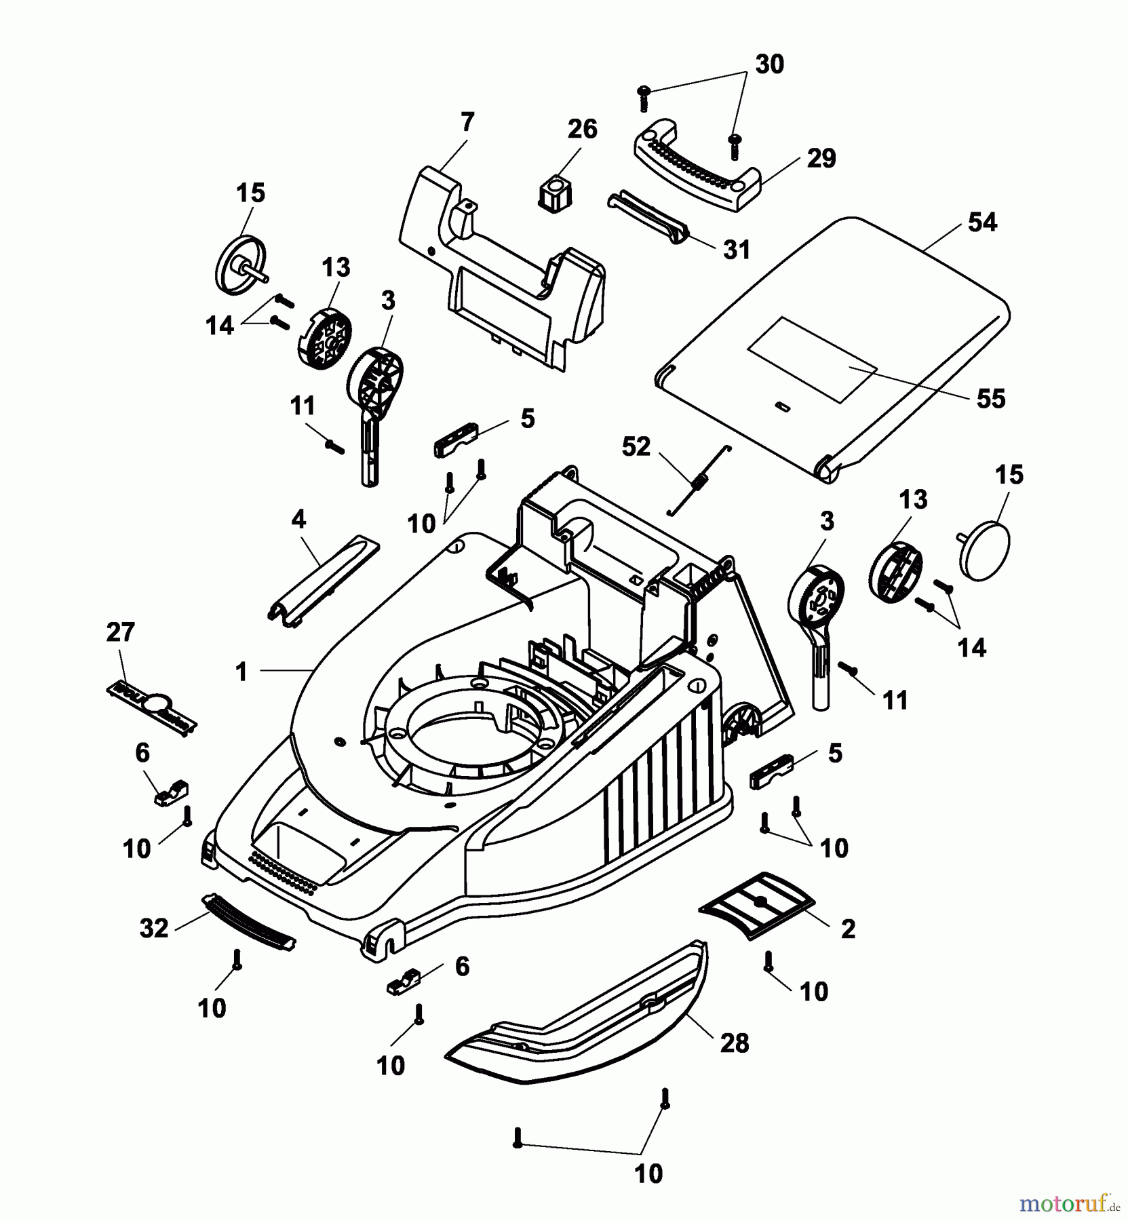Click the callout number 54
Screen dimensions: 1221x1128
click(x=981, y=222)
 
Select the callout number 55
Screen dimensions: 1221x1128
click(x=990, y=398)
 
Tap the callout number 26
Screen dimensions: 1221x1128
click(x=582, y=129)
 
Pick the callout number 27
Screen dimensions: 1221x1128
click(x=120, y=632)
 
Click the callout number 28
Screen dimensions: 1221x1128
click(x=733, y=1043)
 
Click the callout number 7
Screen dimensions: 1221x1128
click(x=467, y=123)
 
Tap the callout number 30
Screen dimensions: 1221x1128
click(x=769, y=64)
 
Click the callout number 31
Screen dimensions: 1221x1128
click(x=736, y=250)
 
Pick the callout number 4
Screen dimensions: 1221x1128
click(x=298, y=520)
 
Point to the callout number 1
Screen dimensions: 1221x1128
click(x=241, y=672)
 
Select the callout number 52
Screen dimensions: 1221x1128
click(x=636, y=447)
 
